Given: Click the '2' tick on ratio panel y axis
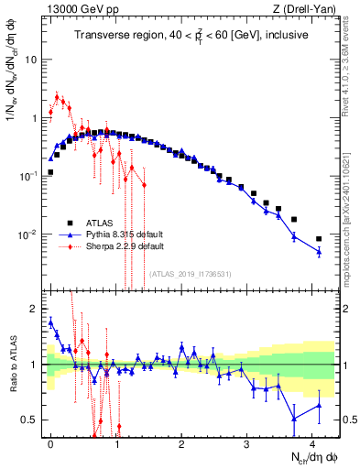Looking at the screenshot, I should (x=34, y=309).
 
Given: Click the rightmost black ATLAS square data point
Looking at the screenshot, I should (x=319, y=239).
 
